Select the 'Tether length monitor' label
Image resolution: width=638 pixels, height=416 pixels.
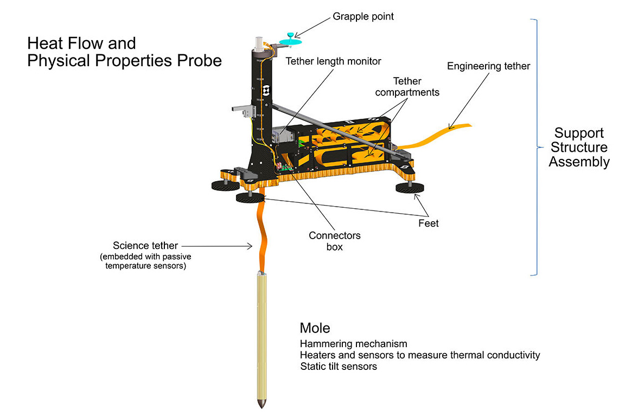334,61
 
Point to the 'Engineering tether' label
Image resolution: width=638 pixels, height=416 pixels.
488,66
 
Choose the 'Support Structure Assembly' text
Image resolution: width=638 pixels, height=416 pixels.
579,148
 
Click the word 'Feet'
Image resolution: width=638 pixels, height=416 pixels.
428,222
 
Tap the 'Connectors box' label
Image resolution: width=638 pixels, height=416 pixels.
335,241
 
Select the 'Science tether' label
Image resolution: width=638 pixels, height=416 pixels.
145,246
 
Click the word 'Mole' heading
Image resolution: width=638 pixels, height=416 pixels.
315,328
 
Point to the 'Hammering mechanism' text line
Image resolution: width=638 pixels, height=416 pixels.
353,344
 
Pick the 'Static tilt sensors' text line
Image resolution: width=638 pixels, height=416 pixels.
338,367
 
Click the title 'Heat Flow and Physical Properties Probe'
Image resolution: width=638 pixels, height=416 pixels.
124,52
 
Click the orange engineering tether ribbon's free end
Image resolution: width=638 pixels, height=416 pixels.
466,126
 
